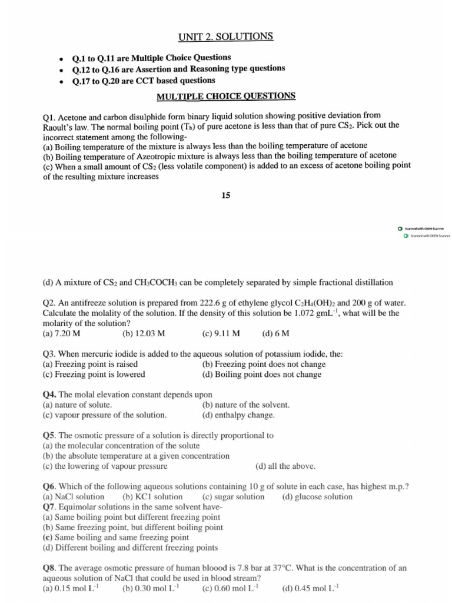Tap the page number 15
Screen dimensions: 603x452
tap(226, 196)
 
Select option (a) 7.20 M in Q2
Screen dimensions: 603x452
tap(62, 333)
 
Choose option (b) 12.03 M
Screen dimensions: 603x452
tap(144, 333)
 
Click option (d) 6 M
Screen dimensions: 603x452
tap(275, 333)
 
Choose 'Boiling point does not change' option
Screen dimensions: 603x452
tap(261, 374)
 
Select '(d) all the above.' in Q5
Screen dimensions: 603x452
tap(285, 466)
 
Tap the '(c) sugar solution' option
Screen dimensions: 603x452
tap(234, 496)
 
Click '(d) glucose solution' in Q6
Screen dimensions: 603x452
tap(317, 496)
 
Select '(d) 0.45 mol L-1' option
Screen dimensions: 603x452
tap(311, 588)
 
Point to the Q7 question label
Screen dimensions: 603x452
tap(50, 506)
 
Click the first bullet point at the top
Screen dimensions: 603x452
tap(61, 59)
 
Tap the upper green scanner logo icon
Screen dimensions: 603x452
tap(400, 228)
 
